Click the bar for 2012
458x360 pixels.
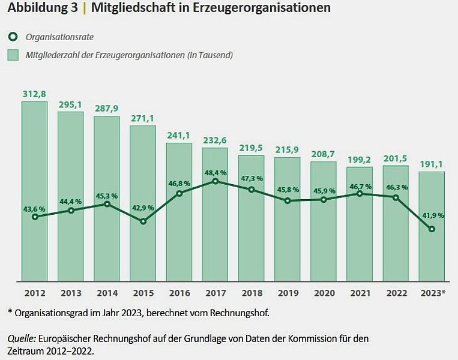pos(34,191)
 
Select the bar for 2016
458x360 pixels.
pos(179,212)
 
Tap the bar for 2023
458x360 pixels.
pos(432,226)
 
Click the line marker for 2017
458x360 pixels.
pos(215,181)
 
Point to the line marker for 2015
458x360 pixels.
pos(143,221)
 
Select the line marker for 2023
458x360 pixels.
pos(432,229)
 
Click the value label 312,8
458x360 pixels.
pos(34,94)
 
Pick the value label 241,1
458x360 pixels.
pos(178,136)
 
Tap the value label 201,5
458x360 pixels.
pos(395,158)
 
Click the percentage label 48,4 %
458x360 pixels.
pos(215,173)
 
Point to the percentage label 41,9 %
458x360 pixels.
pos(433,215)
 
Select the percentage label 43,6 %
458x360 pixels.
pos(34,209)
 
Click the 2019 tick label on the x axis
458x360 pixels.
pos(288,293)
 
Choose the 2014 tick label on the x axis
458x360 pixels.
pos(107,293)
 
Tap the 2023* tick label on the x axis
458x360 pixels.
pos(433,293)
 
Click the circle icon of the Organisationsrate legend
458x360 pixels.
pos(13,37)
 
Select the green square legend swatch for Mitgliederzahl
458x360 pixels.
pos(13,55)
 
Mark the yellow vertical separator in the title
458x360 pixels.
pos(85,8)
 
